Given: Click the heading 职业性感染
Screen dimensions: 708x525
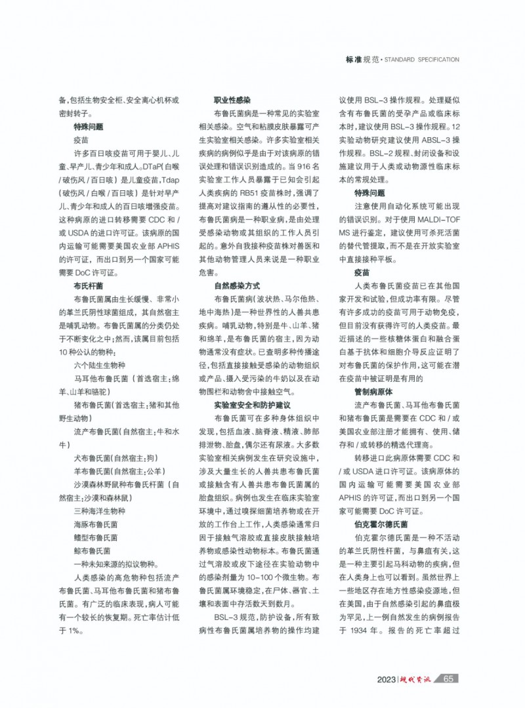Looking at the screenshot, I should (232, 101).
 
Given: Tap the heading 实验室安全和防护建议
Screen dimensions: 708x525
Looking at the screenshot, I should (252, 406).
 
